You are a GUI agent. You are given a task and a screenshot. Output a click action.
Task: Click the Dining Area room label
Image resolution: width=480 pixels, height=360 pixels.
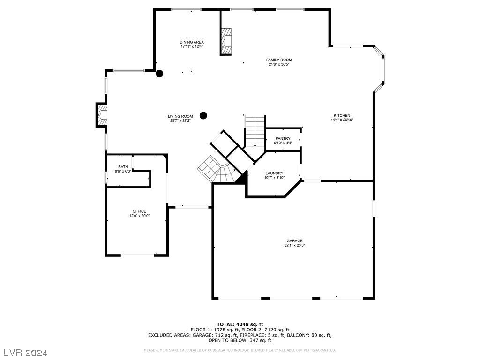[x=192, y=42]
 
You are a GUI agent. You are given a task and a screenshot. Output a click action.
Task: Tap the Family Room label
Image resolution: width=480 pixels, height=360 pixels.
[x=279, y=60]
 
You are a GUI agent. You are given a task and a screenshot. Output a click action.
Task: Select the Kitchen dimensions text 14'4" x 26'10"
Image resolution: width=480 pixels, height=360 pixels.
[x=342, y=120]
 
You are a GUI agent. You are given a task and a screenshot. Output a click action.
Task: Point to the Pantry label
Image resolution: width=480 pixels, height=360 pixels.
[x=283, y=139]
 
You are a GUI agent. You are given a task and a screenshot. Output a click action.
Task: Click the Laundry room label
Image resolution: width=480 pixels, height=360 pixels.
[x=274, y=173]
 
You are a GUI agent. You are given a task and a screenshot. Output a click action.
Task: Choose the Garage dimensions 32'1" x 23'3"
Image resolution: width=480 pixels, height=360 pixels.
[x=294, y=245]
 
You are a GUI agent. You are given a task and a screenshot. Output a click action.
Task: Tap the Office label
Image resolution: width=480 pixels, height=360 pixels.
[x=139, y=211]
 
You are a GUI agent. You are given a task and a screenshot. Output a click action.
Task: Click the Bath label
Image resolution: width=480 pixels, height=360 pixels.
[x=123, y=167]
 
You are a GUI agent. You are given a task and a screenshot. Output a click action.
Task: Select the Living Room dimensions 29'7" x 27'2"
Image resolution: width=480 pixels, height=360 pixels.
[x=180, y=120]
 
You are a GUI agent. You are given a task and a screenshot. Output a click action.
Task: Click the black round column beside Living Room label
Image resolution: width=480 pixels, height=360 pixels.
[x=203, y=115]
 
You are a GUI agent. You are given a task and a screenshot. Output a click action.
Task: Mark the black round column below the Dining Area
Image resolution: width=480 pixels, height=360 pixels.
[x=159, y=74]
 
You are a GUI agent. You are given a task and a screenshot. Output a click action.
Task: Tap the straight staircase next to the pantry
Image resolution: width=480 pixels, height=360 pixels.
[x=255, y=132]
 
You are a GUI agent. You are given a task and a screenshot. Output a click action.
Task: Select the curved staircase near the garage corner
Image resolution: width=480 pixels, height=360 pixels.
[x=218, y=170]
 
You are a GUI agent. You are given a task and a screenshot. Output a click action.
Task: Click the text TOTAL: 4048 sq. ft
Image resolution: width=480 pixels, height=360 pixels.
[x=240, y=324]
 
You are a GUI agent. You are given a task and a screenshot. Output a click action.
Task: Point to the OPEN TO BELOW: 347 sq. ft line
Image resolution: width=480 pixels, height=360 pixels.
[x=240, y=340]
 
